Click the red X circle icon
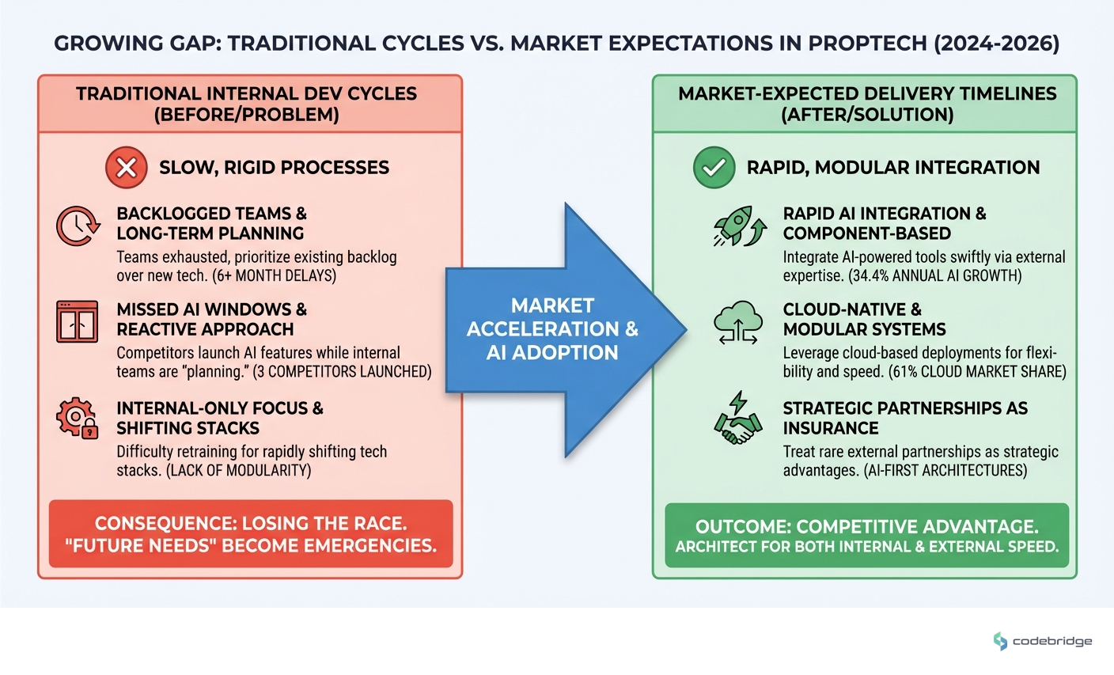(127, 167)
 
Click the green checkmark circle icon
(714, 167)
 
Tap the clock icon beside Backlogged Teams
(78, 226)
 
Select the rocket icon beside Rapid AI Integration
(739, 226)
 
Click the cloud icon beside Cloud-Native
(737, 323)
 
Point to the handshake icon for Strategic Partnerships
(737, 419)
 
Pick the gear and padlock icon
(78, 419)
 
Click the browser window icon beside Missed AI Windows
(78, 321)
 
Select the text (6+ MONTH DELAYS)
(275, 276)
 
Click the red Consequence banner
(251, 534)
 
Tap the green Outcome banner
(866, 536)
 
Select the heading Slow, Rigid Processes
(274, 168)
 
